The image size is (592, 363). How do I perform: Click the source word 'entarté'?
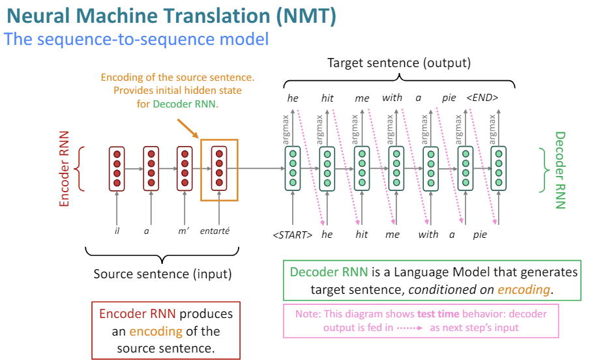pyautogui.click(x=215, y=231)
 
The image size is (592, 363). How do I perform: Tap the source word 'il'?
pyautogui.click(x=117, y=231)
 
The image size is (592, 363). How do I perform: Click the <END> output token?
pyautogui.click(x=482, y=98)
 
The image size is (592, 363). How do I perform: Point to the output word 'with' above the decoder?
pyautogui.click(x=392, y=98)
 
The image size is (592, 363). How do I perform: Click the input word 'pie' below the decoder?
pyautogui.click(x=481, y=235)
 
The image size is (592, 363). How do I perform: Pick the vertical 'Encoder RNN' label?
pyautogui.click(x=65, y=169)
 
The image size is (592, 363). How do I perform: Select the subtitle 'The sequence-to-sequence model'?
pyautogui.click(x=136, y=39)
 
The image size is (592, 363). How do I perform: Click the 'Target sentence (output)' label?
pyautogui.click(x=398, y=63)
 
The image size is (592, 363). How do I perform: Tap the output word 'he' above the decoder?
pyautogui.click(x=293, y=98)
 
